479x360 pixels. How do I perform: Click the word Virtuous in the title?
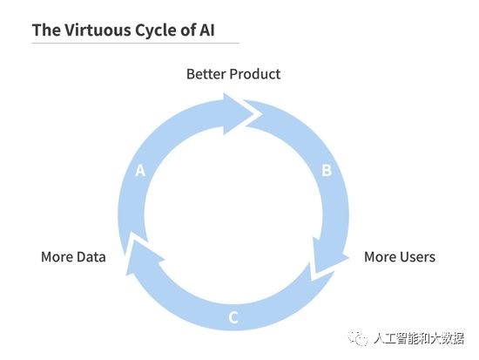pos(98,30)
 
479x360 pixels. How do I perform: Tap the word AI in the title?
pos(207,30)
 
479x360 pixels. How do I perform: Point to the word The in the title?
pos(46,30)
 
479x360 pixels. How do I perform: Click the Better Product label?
pos(233,74)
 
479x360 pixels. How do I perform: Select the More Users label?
pos(400,257)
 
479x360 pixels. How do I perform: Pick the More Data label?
pos(73,257)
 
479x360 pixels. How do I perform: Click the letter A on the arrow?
pos(140,171)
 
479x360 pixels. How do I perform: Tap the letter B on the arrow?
pos(327,170)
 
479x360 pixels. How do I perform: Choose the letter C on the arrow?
pos(233,317)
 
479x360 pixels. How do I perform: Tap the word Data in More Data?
pos(91,257)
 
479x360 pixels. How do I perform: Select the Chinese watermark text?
pos(419,338)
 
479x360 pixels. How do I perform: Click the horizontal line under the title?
pos(136,43)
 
